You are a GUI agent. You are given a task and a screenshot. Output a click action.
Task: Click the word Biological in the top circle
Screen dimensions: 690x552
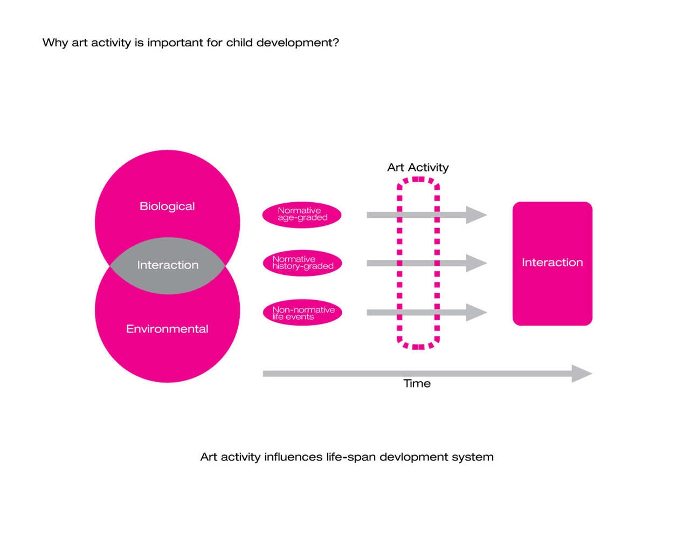pos(167,206)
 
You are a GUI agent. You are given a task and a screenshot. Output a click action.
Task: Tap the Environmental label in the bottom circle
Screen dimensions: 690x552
pos(167,329)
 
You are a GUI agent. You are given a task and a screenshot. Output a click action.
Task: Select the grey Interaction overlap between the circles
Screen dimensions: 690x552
pos(167,266)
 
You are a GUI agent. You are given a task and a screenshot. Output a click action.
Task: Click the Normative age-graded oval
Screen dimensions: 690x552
pos(302,215)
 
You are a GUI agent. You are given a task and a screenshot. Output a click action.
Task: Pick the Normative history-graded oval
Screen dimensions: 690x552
pos(302,263)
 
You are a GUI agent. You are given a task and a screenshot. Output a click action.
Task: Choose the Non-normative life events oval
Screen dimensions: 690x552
pos(302,313)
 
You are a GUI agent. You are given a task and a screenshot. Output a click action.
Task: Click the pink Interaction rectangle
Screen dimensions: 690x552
pos(553,264)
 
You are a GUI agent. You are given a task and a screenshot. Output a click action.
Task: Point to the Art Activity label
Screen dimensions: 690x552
pos(418,168)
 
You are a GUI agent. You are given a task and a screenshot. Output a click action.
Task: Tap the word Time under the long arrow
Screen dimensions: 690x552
pos(417,383)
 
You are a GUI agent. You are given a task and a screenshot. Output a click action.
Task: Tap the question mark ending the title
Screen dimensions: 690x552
pos(336,43)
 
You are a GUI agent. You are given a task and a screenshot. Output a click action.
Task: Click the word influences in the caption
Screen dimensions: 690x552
pos(293,457)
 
